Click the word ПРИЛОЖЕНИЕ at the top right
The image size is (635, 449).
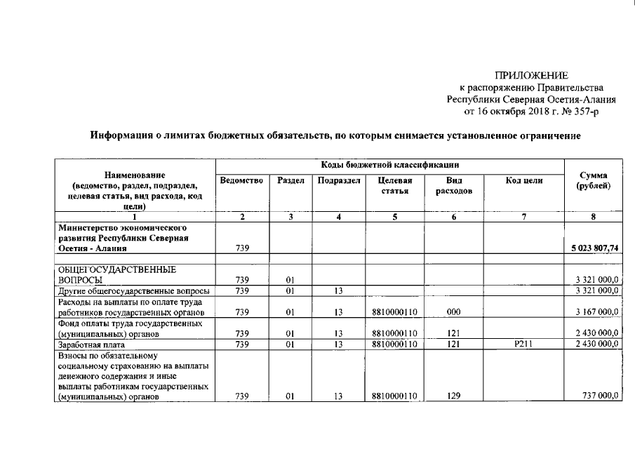[531, 75]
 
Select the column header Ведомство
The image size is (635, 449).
[241, 180]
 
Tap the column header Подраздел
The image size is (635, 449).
[339, 180]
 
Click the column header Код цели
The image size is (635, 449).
[523, 180]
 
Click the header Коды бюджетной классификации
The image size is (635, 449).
[390, 165]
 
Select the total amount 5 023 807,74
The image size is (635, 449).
[594, 248]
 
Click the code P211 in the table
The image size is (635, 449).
[523, 344]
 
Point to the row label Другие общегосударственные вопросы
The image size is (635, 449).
[135, 290]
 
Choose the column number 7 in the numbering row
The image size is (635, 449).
[523, 217]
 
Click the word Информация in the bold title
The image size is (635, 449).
[123, 135]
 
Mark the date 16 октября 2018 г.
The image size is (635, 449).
[516, 110]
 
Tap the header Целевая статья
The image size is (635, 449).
[395, 185]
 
